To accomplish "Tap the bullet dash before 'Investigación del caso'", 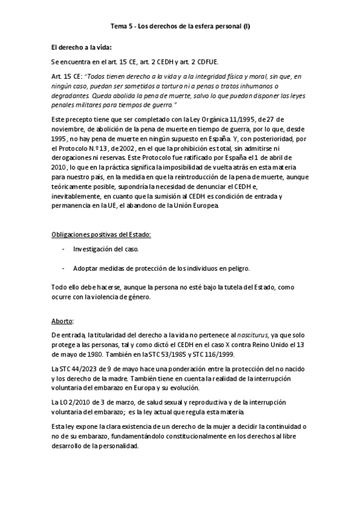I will pos(64,248).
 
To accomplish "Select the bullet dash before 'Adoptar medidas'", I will pos(64,268).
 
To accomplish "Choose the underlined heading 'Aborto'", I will pos(62,321).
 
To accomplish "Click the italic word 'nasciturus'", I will pos(236,336).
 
